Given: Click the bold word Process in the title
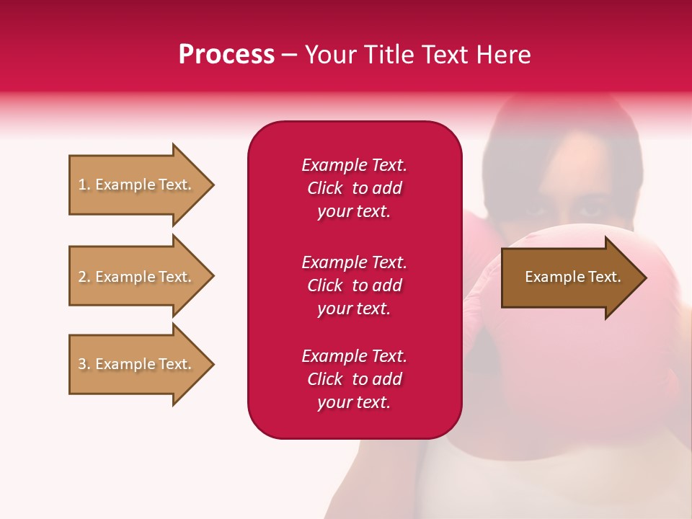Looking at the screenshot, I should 226,55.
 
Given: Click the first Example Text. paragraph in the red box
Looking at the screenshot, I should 354,188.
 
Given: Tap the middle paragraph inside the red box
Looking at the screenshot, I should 354,285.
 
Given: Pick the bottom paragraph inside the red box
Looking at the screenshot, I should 354,379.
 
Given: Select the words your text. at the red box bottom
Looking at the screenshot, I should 354,403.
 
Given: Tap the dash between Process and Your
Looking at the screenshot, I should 290,55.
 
